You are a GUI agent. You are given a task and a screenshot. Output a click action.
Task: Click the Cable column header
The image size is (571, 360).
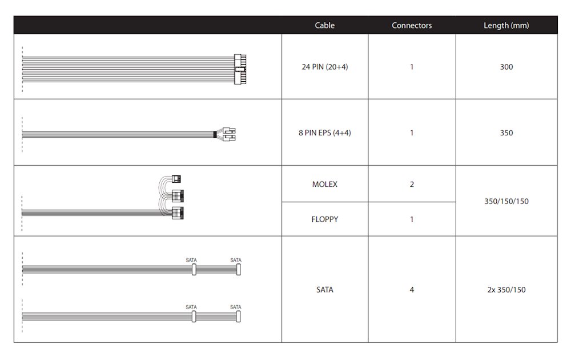324,25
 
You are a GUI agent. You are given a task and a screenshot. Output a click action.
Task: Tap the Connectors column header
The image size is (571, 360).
412,25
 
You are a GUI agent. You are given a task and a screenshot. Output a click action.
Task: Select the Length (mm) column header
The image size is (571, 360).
506,25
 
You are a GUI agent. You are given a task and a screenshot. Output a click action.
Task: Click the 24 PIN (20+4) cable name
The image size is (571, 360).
324,67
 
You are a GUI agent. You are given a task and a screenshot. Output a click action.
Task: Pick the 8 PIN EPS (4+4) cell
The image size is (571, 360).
324,133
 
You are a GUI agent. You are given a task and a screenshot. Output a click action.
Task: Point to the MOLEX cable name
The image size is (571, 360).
324,184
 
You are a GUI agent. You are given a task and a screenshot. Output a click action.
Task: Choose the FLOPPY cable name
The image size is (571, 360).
324,219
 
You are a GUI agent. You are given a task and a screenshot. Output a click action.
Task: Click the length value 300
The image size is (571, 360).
506,67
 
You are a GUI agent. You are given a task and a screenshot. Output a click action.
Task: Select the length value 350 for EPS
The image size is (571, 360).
506,133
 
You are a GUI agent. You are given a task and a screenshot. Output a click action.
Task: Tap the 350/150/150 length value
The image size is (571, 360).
506,201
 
